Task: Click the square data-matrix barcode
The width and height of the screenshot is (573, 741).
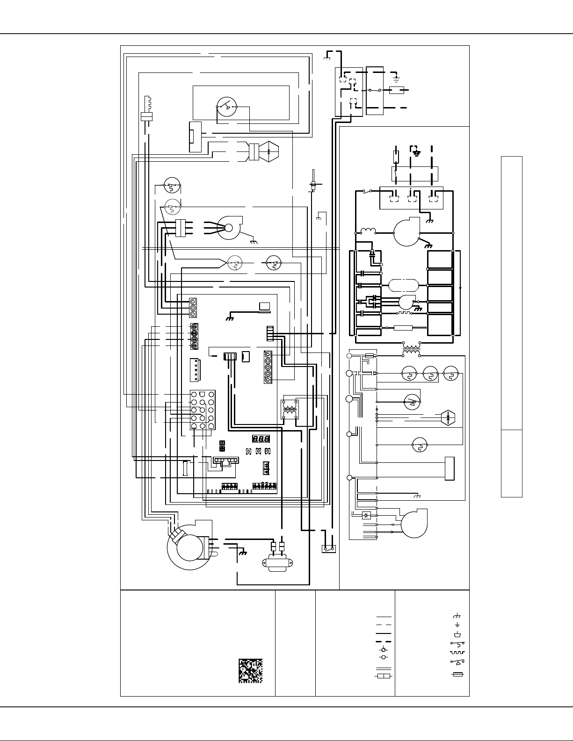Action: coord(250,670)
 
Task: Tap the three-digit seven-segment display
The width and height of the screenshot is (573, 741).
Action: coord(261,439)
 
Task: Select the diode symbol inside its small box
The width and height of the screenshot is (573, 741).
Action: coord(366,515)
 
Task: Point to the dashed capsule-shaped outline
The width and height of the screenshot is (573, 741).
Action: coord(403,285)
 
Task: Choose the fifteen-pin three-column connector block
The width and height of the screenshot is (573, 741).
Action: coord(202,410)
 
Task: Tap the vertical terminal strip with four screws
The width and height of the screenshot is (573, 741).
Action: coord(194,337)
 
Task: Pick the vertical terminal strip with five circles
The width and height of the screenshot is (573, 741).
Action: coord(268,367)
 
